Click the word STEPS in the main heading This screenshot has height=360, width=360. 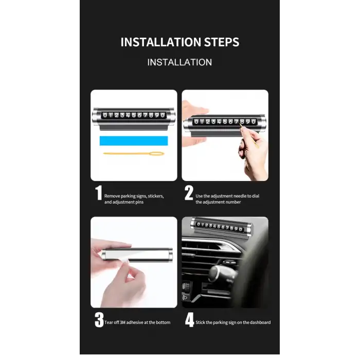(222, 42)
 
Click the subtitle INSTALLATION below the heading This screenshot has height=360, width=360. (179, 62)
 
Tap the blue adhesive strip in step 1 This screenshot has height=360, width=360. (134, 141)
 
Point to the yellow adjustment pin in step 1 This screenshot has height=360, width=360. (134, 153)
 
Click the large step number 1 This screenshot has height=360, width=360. (99, 193)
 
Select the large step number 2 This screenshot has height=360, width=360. (189, 193)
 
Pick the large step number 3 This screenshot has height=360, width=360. (99, 319)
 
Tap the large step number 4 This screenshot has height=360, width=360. (190, 319)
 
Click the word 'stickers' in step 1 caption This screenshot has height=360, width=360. (156, 196)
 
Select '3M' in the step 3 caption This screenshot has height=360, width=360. (122, 322)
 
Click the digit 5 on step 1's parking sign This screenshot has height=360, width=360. (134, 115)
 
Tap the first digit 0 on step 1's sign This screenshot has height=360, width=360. (105, 115)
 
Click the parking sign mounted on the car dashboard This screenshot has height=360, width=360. (221, 226)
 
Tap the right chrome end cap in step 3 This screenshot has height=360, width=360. (169, 255)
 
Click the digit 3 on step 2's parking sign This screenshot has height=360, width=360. (213, 122)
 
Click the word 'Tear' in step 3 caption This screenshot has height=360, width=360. (109, 322)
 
